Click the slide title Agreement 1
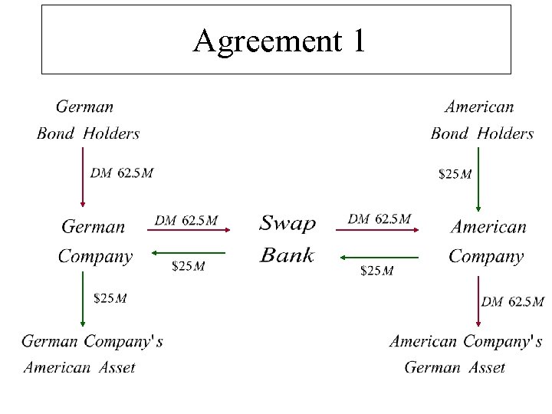pos(279,41)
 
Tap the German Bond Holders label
pos(88,120)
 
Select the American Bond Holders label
pos(481,120)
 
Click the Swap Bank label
pos(287,239)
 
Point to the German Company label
pos(95,242)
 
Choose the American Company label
pos(488,242)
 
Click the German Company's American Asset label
pos(91,353)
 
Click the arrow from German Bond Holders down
pos(83,177)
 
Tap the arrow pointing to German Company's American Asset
pos(83,300)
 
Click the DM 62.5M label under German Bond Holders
pos(121,173)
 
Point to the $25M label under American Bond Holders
pos(454,174)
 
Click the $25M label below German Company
pos(110,297)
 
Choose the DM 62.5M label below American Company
pos(512,302)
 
